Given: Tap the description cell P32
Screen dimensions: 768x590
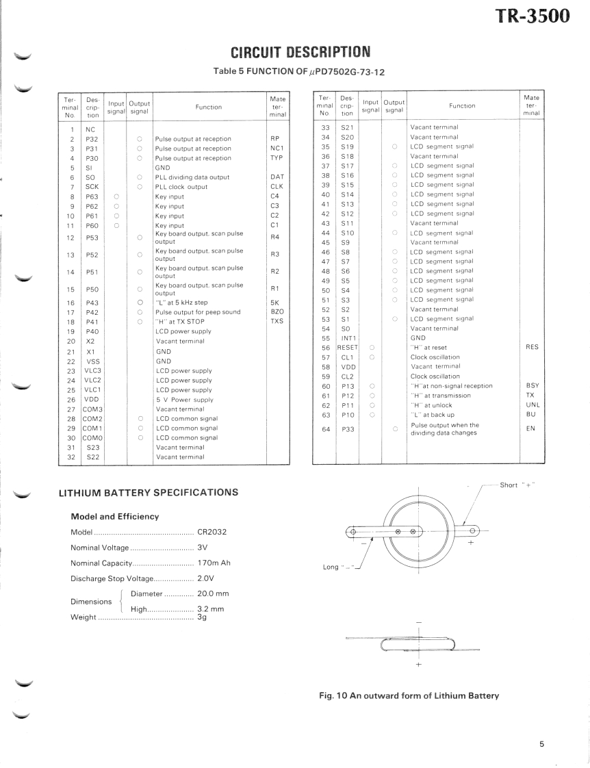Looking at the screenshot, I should pyautogui.click(x=90, y=139).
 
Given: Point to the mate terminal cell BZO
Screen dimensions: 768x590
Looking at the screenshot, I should pyautogui.click(x=277, y=312).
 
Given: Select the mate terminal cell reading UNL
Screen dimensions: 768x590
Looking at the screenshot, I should pyautogui.click(x=533, y=405).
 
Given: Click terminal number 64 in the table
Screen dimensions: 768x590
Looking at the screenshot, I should pyautogui.click(x=326, y=429).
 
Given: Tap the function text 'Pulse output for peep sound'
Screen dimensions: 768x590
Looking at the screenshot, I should pyautogui.click(x=198, y=312).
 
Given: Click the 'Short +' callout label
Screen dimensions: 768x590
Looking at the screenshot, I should pyautogui.click(x=518, y=485).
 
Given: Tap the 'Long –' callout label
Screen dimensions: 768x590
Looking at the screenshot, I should pyautogui.click(x=340, y=567).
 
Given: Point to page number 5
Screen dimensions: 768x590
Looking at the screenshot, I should pyautogui.click(x=541, y=746).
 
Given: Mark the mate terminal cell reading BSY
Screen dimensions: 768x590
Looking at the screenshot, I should pyautogui.click(x=533, y=386).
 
